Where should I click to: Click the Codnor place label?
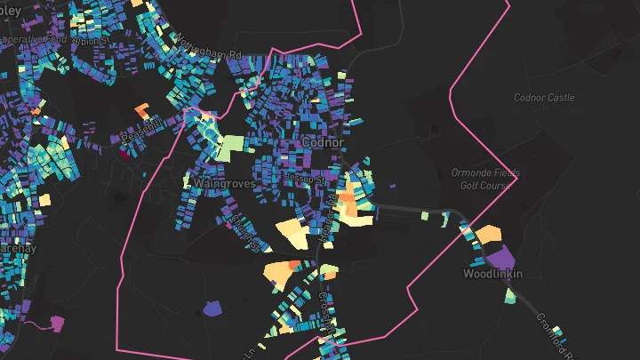click(x=323, y=141)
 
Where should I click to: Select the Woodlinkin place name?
click(x=492, y=274)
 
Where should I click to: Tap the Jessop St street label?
click(x=300, y=177)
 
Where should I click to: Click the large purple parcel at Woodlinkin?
click(x=501, y=257)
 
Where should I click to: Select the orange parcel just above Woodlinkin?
click(x=489, y=236)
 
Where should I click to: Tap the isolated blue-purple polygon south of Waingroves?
click(x=212, y=308)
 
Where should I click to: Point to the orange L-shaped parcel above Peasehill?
click(x=142, y=111)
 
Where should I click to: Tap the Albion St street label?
click(x=91, y=41)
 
